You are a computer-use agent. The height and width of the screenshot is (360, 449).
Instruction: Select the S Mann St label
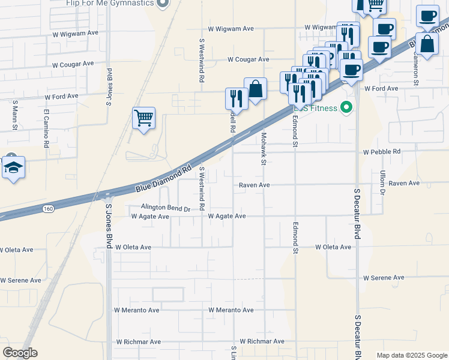coord(14,116)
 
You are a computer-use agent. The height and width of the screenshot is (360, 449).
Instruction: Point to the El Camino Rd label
coord(46,128)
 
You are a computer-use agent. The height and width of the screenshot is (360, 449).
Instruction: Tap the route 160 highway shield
coord(48,208)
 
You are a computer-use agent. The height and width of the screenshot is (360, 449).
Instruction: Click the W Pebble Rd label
coord(381,152)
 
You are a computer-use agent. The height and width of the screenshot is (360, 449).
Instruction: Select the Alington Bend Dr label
coord(165,208)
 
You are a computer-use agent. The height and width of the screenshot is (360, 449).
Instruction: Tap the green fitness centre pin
coord(346,108)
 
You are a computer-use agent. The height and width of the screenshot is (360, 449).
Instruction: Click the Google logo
coord(20,353)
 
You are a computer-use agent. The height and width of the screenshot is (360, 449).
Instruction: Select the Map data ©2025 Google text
coord(411,355)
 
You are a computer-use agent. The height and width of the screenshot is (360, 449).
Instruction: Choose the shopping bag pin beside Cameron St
coord(427,44)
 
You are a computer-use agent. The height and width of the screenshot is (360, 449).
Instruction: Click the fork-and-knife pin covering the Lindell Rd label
coord(237,99)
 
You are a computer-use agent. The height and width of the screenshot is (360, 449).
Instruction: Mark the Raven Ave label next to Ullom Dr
coord(404,183)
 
